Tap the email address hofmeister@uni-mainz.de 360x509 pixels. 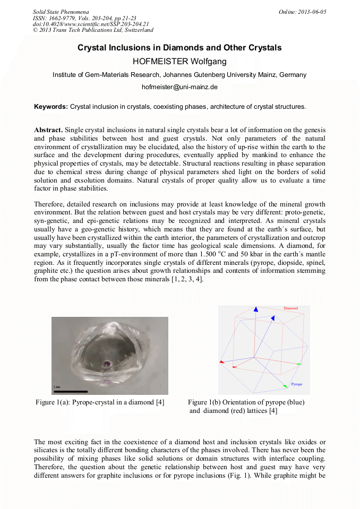pyautogui.click(x=179, y=87)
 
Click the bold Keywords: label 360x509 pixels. pyautogui.click(x=51, y=107)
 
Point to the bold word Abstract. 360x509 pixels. pyautogui.click(x=48, y=130)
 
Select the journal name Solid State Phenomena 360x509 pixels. pyautogui.click(x=61, y=12)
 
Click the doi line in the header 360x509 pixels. pyautogui.click(x=90, y=24)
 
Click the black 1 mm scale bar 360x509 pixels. pyautogui.click(x=70, y=392)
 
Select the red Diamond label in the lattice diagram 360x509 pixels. pyautogui.click(x=290, y=308)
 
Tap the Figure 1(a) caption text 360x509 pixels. pyautogui.click(x=100, y=402)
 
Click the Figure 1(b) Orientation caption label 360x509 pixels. pyautogui.click(x=246, y=402)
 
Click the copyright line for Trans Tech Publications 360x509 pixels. pyautogui.click(x=93, y=30)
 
